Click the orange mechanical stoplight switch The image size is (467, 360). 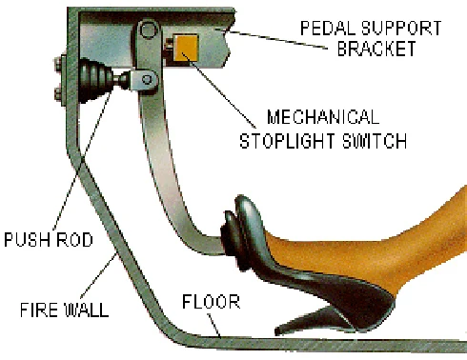pos(186,48)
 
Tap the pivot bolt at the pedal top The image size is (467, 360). pos(149,30)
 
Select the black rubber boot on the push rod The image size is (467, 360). pos(95,80)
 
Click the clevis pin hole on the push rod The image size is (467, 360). pos(147,79)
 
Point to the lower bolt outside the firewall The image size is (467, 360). pos(58,94)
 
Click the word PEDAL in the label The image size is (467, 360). pos(327,29)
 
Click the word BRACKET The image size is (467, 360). pos(376,49)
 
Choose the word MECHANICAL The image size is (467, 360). pos(323,117)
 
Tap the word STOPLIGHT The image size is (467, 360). pos(287,141)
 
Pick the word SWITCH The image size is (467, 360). pos(375,141)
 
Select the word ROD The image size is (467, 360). pos(71,240)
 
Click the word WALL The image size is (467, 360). pos(86,310)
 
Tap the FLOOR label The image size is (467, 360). pos(211,302)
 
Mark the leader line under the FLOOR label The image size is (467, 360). pos(214,326)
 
